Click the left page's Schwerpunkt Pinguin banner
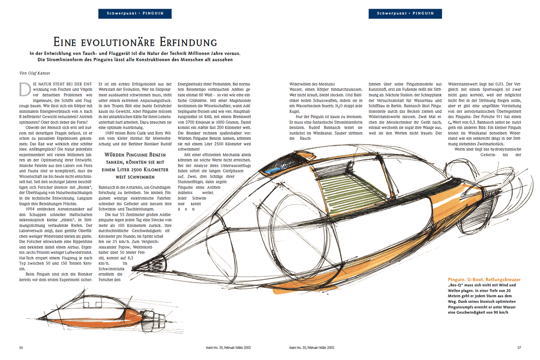pos(135,13)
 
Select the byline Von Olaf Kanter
pos(35,73)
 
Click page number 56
pos(21,347)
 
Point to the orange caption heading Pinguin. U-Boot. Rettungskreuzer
pos(483,280)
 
